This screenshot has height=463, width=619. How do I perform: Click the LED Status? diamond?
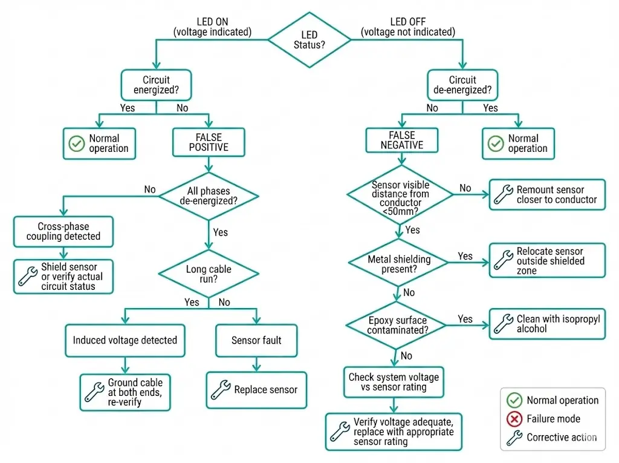[x=309, y=40]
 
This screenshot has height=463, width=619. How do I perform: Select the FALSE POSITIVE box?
[x=208, y=142]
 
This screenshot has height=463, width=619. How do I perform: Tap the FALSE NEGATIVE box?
[x=401, y=140]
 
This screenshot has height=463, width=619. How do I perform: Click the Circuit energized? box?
[x=156, y=85]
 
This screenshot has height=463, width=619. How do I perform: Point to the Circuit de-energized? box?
[x=462, y=85]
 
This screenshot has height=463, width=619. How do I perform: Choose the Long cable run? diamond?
[x=208, y=274]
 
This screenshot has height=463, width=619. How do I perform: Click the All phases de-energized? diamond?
[x=208, y=195]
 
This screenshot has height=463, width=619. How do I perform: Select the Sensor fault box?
[x=256, y=340]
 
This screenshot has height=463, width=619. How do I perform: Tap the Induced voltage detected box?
[x=125, y=340]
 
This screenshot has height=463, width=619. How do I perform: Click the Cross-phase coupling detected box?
[x=63, y=231]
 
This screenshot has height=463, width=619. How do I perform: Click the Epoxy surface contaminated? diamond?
[x=397, y=326]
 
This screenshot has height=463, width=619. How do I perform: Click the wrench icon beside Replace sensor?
[x=220, y=389]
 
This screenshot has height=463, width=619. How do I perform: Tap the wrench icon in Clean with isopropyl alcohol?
[x=503, y=324]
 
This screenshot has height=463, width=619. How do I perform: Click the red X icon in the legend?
[x=514, y=419]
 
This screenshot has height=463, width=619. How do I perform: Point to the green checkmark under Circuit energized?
[x=76, y=143]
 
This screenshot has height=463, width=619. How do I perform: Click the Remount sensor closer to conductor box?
[x=546, y=194]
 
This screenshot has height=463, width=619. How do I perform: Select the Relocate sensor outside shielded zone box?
[x=546, y=261]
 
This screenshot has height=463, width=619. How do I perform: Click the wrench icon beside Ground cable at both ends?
[x=94, y=392]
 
